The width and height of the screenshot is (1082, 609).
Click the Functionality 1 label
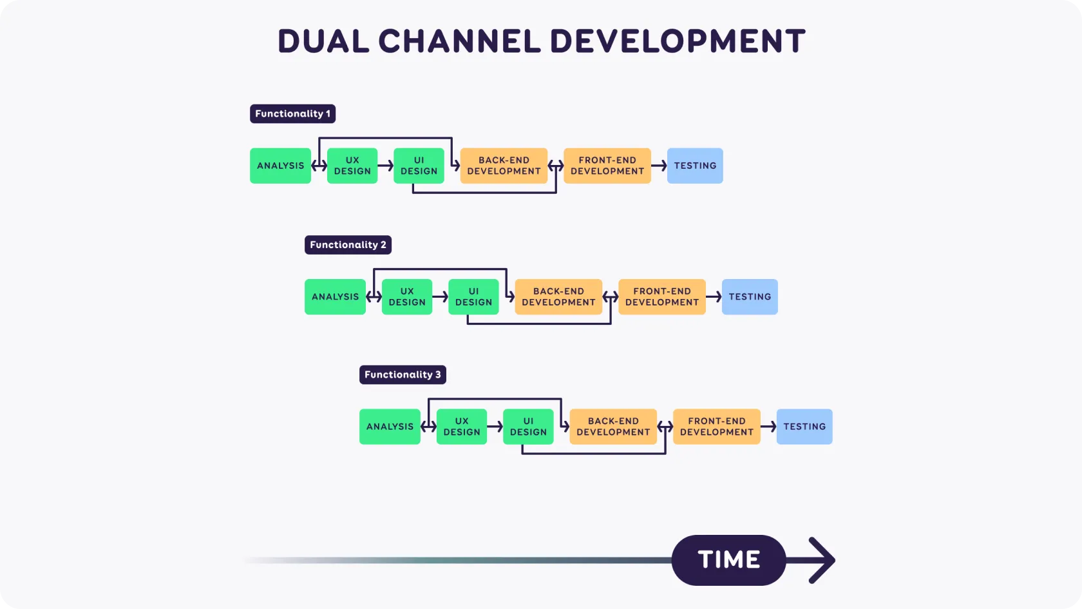292,113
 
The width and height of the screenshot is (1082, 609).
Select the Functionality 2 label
348,245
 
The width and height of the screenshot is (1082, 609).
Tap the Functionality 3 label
403,374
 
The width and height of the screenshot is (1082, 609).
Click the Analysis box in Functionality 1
280,166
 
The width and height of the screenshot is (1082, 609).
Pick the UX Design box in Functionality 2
407,296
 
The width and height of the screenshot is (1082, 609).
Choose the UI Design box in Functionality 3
528,427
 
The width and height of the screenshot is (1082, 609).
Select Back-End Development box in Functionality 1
504,166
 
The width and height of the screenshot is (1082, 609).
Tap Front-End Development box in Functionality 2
662,296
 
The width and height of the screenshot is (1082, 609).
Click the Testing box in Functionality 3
804,427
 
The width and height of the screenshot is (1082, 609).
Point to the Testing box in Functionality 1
695,166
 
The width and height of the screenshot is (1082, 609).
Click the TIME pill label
728,560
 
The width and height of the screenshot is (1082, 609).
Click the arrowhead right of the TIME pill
821,560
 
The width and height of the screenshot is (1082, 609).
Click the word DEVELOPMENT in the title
678,41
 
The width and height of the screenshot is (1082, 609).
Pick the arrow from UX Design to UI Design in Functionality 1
385,166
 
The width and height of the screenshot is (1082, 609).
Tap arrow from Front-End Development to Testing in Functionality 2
714,296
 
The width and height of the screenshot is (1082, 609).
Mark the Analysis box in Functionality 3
390,427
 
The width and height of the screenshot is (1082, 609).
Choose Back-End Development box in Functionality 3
613,427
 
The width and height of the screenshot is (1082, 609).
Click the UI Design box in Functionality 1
419,166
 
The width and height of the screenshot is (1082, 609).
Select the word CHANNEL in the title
459,41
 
